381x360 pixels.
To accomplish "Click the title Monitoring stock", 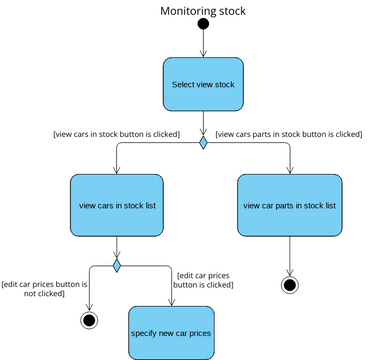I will pos(203,11).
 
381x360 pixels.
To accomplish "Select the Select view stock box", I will pos(203,84).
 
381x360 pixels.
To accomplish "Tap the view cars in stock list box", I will pos(117,205).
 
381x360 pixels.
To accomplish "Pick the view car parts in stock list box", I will pos(289,205).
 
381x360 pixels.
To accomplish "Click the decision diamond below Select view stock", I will pos(203,143).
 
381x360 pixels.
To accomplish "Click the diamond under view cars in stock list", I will pos(117,265).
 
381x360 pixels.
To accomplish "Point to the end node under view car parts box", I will pos(290,285).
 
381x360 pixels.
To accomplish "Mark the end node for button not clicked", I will pos(89,320).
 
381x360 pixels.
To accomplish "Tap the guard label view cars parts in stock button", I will pos(289,133).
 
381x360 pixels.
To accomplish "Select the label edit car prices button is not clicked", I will pos(46,290).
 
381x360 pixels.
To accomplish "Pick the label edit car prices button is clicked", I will pos(204,279).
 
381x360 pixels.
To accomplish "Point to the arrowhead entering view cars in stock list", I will pos(117,171).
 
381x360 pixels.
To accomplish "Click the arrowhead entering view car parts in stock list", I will pos(290,171).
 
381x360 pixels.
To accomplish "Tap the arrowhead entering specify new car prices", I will pos(171,302).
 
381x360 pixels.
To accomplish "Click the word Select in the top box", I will pos(184,84).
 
